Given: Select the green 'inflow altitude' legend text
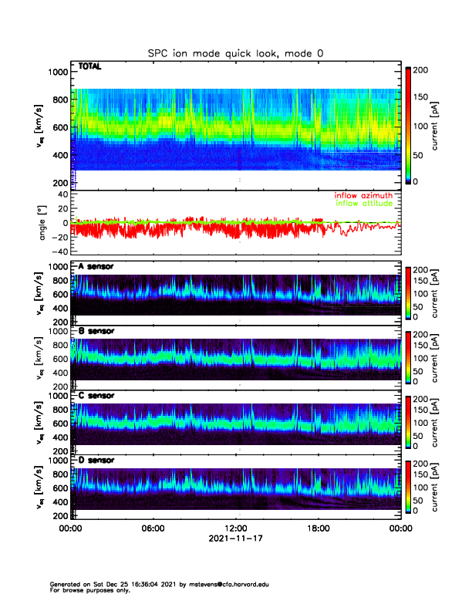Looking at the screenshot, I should coord(363,204).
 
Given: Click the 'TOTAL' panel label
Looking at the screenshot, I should coord(89,68).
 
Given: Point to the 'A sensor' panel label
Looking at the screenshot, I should coord(96,267).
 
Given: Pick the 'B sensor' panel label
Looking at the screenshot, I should coord(96,331).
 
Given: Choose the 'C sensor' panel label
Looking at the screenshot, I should coord(96,395).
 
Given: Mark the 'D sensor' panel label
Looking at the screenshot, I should coord(96,460).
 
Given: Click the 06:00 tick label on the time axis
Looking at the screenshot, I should coord(153,529).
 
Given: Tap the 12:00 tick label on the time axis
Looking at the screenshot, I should coord(235,529).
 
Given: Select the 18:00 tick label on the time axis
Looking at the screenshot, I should coord(318,529).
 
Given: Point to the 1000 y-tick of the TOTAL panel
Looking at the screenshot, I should coord(58,72).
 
